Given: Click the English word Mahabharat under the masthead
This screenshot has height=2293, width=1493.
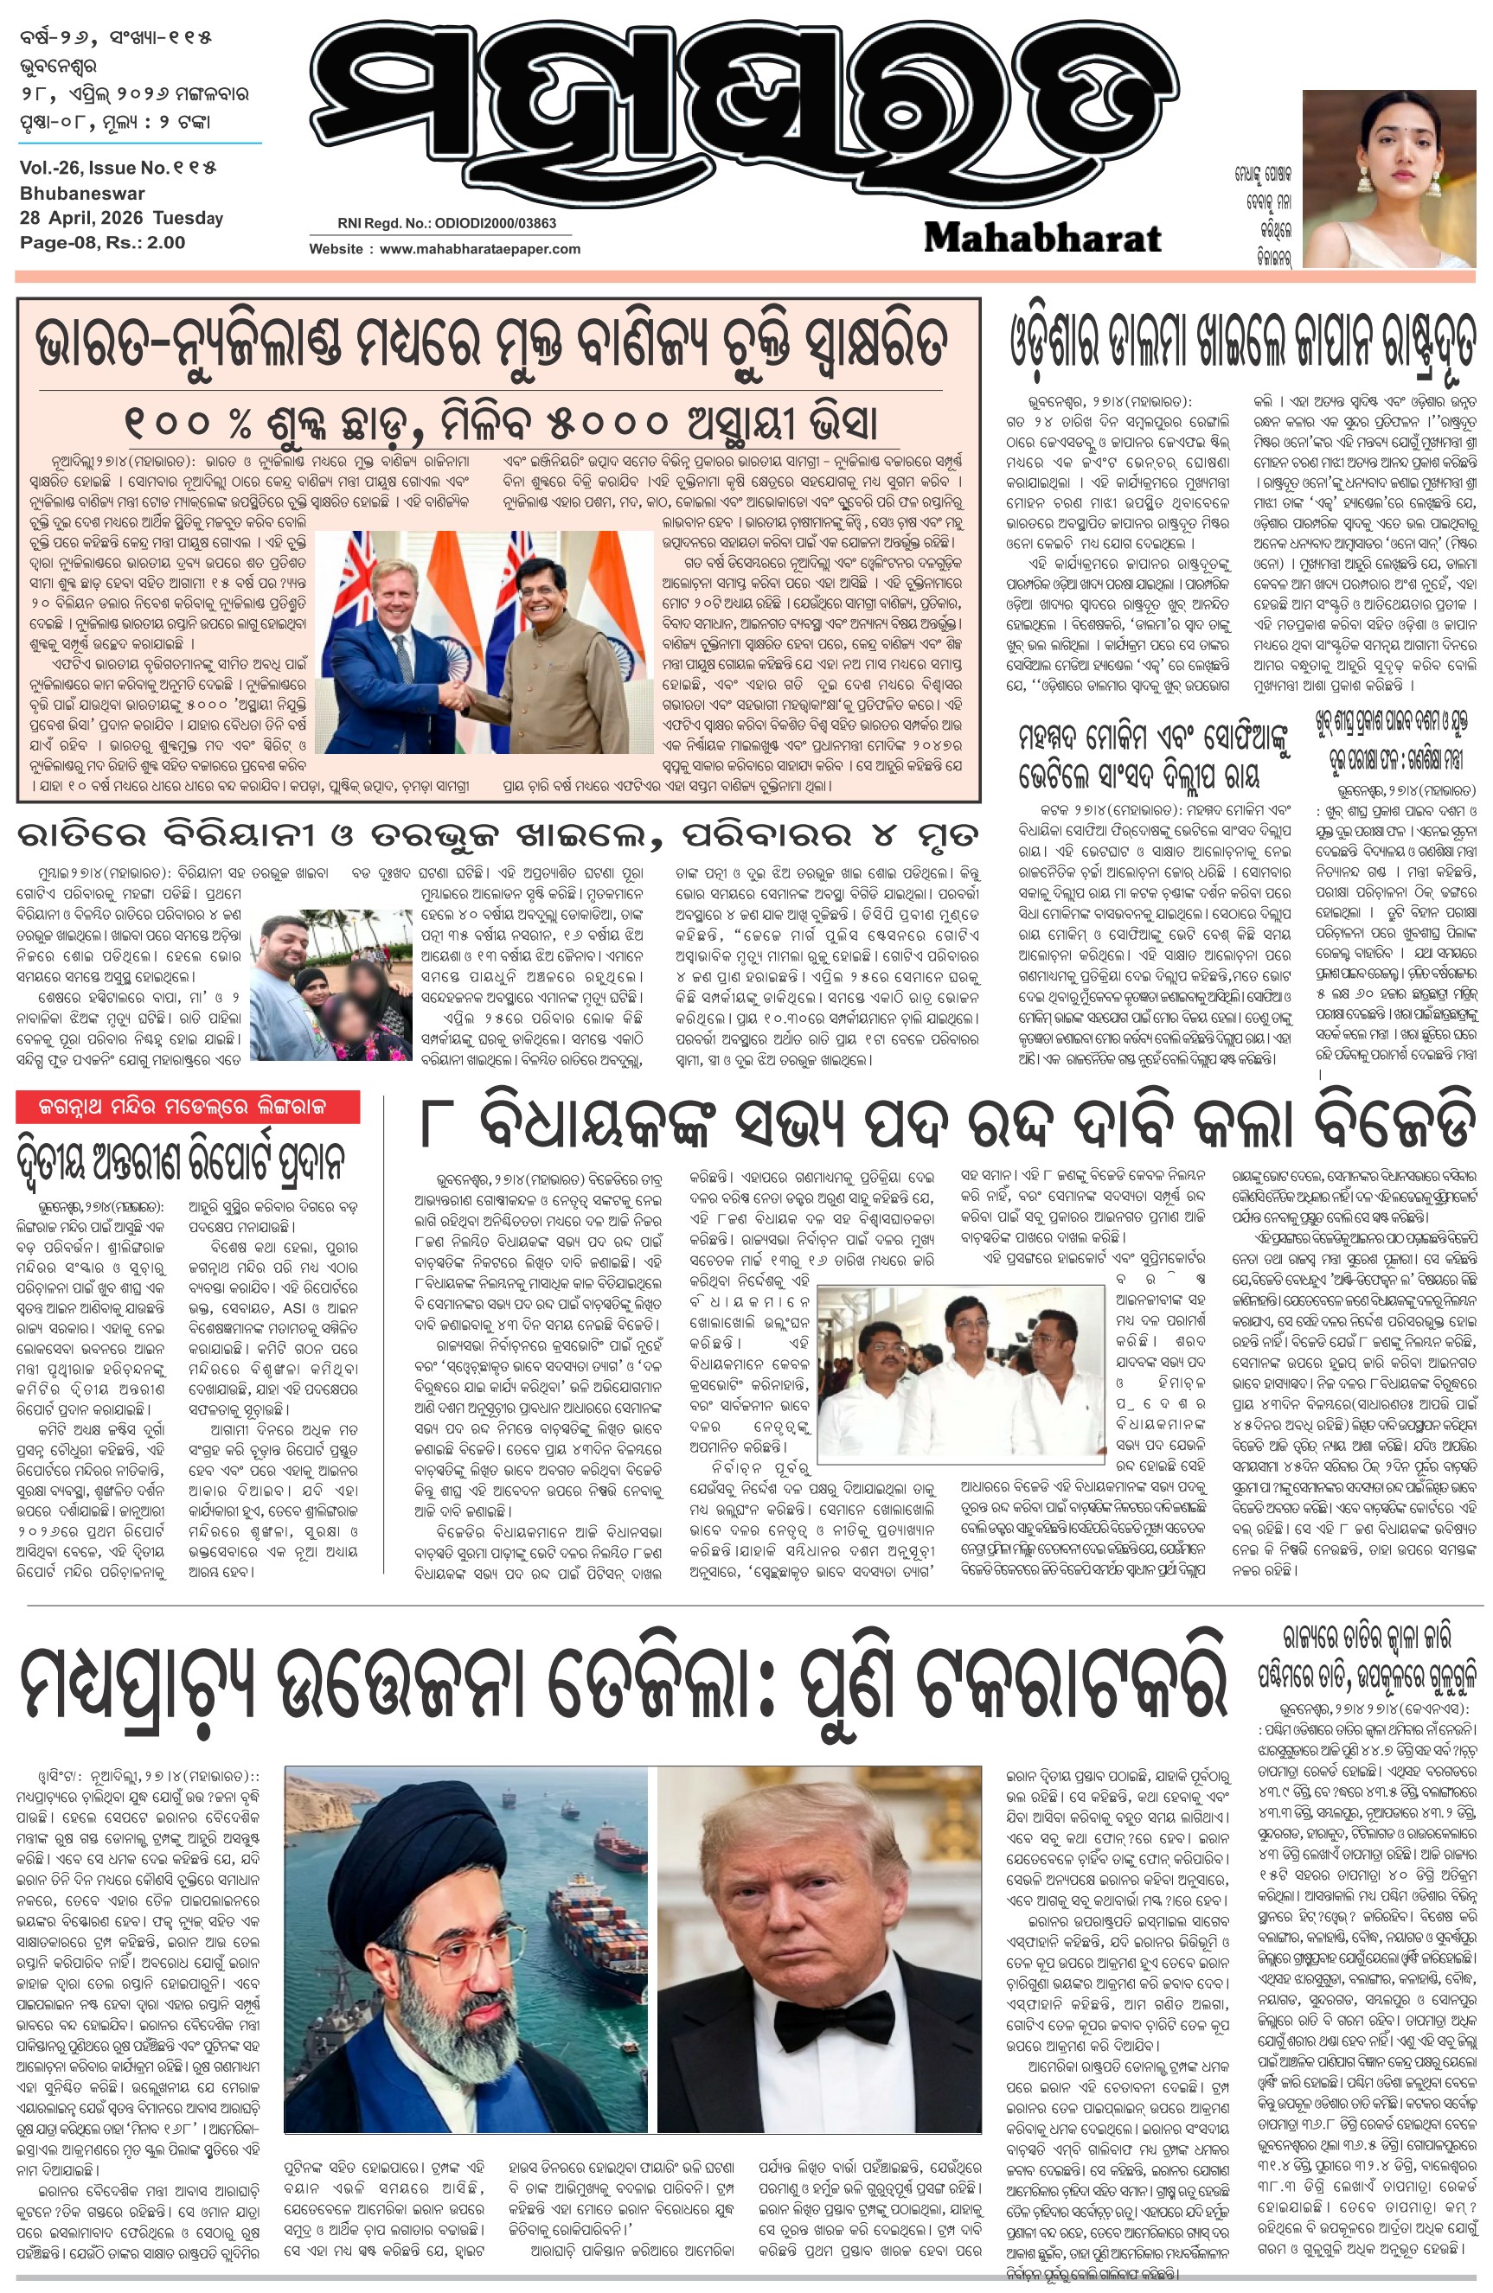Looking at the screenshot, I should point(1043,237).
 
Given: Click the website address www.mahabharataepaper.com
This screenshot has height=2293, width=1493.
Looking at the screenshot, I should point(479,248).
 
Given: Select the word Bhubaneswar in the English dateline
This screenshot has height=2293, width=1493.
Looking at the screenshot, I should point(82,193).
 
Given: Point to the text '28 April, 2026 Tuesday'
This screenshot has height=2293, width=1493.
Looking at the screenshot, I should point(121,218).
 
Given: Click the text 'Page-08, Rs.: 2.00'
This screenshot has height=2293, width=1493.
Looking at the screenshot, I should point(102,243).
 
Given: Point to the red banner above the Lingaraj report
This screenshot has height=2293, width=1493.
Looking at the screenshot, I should point(188,1107).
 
